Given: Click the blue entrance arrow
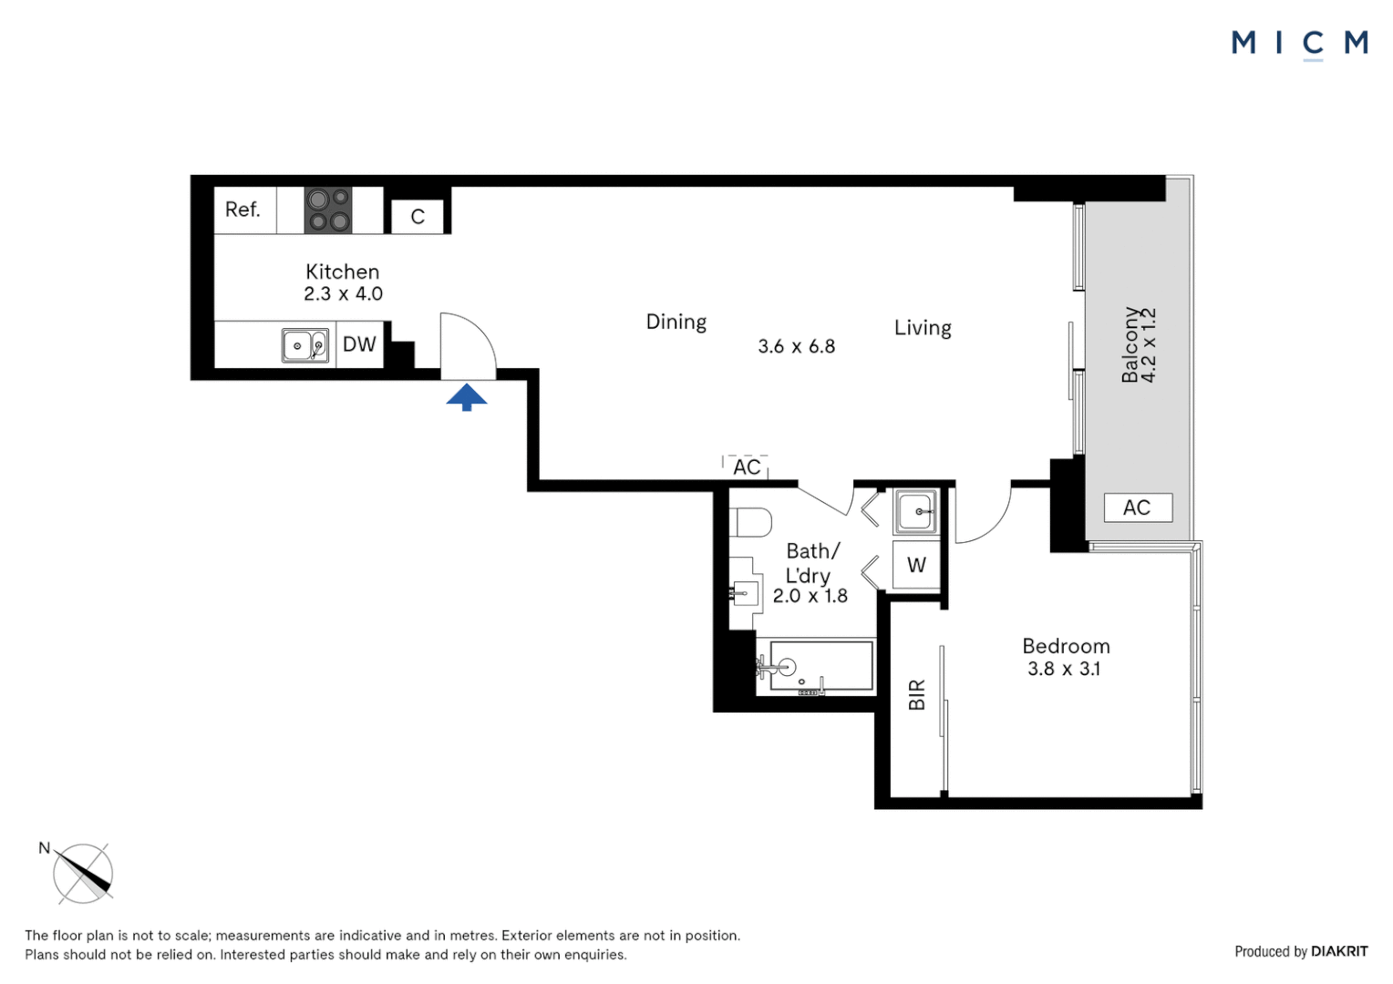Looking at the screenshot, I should (x=467, y=397).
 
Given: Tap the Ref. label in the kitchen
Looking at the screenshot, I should (x=242, y=210).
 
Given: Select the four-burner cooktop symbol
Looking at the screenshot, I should (x=328, y=210).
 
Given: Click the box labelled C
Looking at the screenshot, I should (x=418, y=217).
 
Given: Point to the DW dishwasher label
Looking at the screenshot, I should (x=359, y=344).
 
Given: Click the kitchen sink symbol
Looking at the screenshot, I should (x=304, y=345).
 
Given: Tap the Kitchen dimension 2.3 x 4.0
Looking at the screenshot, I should (x=343, y=293).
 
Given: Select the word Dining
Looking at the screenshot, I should (x=676, y=322).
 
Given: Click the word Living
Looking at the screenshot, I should (x=923, y=328).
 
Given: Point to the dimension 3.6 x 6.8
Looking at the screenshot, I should (x=796, y=346).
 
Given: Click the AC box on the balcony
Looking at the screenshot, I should (x=1137, y=507).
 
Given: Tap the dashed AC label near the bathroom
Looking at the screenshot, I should (x=747, y=467).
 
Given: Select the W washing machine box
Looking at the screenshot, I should (x=916, y=565).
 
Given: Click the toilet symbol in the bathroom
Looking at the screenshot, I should (x=752, y=523).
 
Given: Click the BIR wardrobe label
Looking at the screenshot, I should (x=917, y=694).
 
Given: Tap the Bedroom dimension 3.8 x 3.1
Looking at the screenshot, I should (x=1064, y=669).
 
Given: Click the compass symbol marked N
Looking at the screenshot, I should (x=83, y=873).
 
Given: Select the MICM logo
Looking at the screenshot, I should (x=1299, y=43).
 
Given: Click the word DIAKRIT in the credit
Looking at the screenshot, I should (x=1339, y=951).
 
